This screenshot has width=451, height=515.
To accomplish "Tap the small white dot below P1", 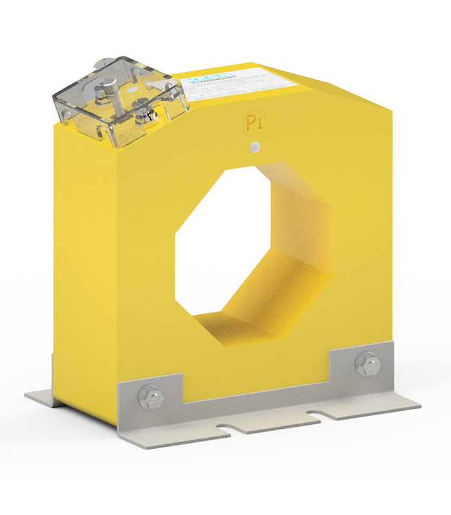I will click(256, 147).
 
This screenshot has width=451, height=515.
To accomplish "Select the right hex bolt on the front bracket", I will click(367, 364).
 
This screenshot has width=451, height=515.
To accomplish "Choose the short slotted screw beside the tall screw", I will click(146, 116).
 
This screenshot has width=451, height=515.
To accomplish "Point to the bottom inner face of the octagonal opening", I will click(258, 328).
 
